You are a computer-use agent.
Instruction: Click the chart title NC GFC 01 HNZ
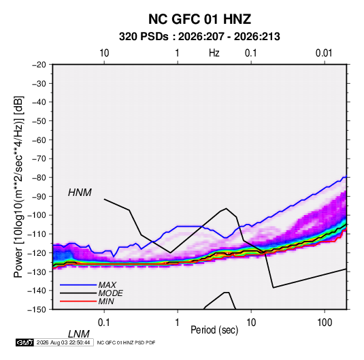(199, 19)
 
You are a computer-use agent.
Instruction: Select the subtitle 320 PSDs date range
(199, 37)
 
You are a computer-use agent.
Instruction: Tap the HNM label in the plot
(80, 193)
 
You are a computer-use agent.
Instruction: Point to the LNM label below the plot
(79, 334)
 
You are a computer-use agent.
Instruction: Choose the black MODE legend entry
(91, 293)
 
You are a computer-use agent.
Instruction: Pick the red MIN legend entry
(87, 301)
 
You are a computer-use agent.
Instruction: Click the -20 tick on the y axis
(39, 65)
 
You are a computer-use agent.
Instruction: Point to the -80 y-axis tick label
(39, 178)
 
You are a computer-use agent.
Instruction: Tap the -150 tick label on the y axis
(37, 310)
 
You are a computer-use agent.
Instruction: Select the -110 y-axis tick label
(37, 234)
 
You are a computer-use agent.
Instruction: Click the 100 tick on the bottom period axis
(325, 323)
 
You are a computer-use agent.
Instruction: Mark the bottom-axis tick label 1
(178, 323)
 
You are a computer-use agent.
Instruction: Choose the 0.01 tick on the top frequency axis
(324, 53)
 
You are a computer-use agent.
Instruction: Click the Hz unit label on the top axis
(214, 53)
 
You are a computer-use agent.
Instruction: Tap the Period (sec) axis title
(214, 330)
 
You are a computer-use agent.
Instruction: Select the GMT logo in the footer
(24, 342)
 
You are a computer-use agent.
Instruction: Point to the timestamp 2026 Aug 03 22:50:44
(63, 342)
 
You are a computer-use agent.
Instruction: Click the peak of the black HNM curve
(226, 208)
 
